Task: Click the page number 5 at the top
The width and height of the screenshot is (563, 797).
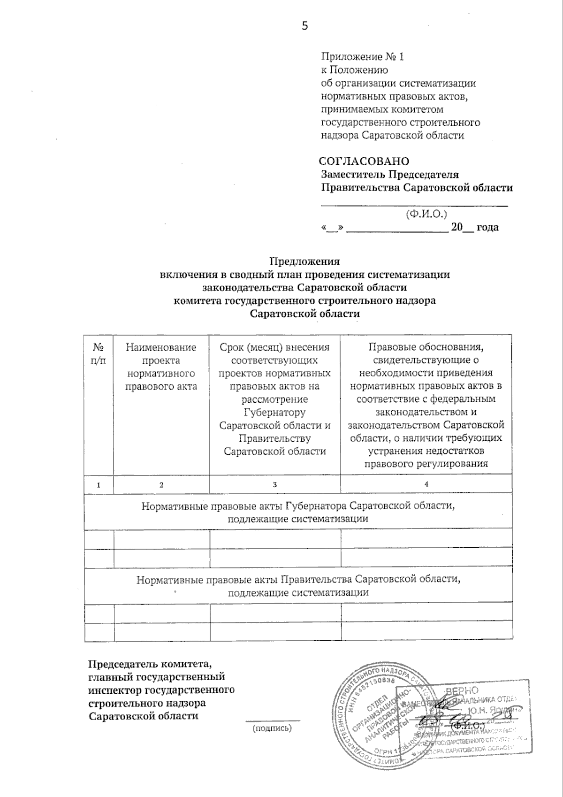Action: click(304, 26)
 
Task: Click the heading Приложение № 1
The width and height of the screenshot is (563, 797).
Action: click(362, 57)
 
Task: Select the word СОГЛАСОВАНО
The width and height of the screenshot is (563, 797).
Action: click(364, 161)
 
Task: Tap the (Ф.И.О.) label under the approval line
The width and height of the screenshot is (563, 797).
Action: click(426, 214)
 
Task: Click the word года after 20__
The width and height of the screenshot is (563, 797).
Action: click(487, 228)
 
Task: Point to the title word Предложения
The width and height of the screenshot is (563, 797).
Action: click(304, 261)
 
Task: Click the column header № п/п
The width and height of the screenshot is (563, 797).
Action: click(99, 354)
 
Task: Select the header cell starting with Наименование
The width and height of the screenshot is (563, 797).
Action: click(161, 367)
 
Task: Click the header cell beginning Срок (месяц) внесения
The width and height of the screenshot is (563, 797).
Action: click(274, 399)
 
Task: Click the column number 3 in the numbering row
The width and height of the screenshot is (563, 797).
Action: click(275, 484)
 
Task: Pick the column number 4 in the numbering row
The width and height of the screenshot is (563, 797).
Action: click(426, 484)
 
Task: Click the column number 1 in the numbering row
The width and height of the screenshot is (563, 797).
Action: click(99, 485)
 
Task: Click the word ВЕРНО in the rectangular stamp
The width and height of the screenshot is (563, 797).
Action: click(462, 690)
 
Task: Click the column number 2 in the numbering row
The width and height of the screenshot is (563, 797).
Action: click(161, 485)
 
